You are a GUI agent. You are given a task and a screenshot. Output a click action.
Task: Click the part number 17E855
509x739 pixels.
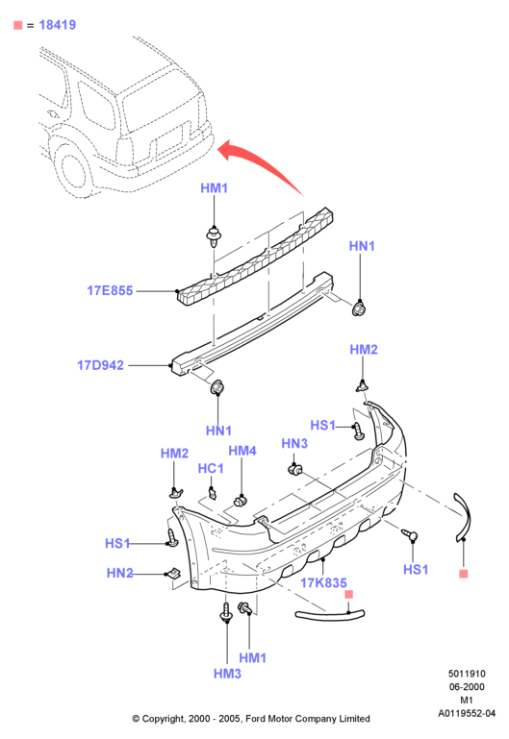[110, 290]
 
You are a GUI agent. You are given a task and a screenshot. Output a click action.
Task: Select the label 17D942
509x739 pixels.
[100, 365]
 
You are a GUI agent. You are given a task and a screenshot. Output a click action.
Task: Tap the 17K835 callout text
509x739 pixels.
[323, 583]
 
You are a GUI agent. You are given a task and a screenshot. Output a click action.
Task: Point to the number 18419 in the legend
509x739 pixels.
[58, 25]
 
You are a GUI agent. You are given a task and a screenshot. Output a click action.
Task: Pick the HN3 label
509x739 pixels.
[294, 443]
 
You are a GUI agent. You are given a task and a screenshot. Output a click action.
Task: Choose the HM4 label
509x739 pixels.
[242, 451]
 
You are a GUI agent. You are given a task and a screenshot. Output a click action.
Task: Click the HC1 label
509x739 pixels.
[211, 468]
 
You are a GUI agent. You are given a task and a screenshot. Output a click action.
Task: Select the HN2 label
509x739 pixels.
[120, 573]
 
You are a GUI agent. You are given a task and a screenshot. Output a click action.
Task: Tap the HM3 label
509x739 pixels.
[227, 674]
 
